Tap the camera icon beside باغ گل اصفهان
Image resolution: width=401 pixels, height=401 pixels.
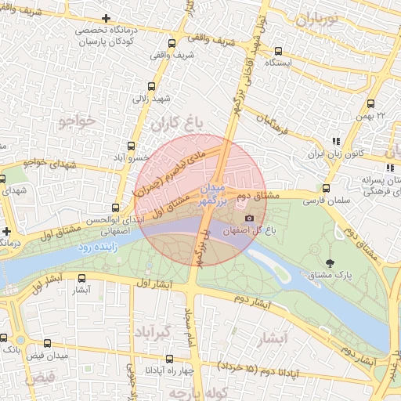pyautogui.click(x=250, y=218)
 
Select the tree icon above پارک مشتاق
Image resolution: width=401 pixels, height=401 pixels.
pyautogui.click(x=328, y=261)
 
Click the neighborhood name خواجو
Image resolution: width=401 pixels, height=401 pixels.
pyautogui.click(x=76, y=121)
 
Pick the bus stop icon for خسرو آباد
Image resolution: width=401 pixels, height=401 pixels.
pyautogui.click(x=132, y=146)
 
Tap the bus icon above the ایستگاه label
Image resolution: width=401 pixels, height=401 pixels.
pyautogui.click(x=278, y=50)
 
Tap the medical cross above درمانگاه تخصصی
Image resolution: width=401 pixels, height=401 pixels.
pyautogui.click(x=107, y=18)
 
